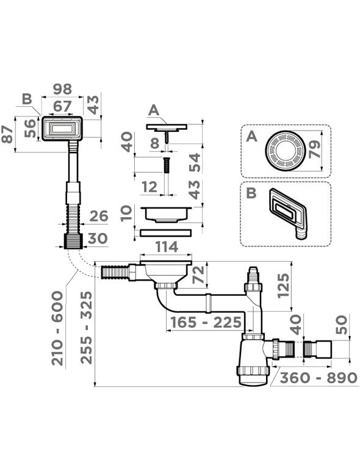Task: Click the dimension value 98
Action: (x=62, y=89)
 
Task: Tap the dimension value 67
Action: (x=63, y=107)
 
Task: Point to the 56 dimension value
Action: (x=30, y=128)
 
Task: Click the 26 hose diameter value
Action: (x=99, y=216)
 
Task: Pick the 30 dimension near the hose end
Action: (x=98, y=239)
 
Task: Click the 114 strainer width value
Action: (x=167, y=247)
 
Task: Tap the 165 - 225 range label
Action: (x=206, y=323)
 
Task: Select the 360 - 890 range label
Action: (x=319, y=378)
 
